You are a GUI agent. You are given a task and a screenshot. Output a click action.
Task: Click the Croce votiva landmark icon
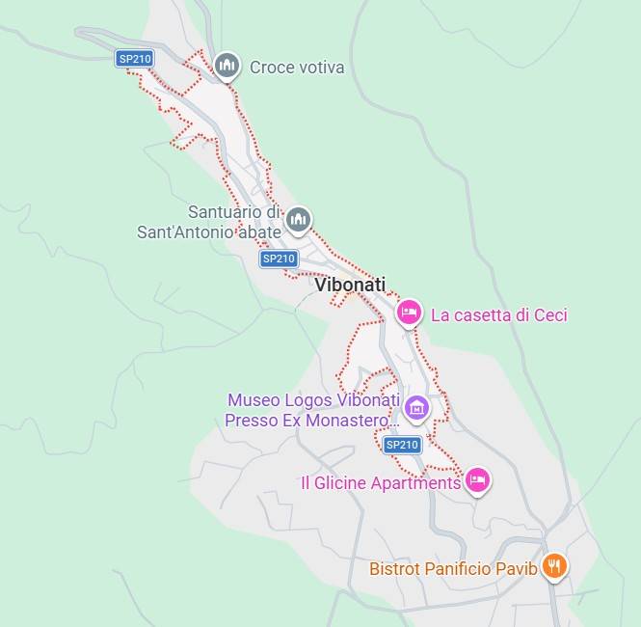(227, 65)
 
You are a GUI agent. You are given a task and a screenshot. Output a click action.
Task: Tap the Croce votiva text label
(297, 68)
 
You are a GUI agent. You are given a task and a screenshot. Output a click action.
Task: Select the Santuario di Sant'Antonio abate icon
(299, 220)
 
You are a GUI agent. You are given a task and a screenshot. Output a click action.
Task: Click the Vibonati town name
(350, 285)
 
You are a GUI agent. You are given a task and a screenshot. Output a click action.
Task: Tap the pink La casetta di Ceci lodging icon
(409, 313)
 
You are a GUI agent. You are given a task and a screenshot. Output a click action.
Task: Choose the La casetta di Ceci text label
(498, 314)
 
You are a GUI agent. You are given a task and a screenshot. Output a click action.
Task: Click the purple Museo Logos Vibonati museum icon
(416, 408)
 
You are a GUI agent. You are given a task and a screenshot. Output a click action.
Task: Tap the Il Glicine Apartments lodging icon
(477, 479)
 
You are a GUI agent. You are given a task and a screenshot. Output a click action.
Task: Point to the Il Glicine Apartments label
(381, 482)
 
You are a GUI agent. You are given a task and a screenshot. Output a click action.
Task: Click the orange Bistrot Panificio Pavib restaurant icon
(553, 565)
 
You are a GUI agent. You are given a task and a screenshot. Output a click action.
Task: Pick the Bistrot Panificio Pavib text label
(453, 568)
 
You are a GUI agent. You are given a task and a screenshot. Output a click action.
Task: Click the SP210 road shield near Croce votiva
(135, 59)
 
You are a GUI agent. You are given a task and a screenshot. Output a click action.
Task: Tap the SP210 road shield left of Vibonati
(279, 259)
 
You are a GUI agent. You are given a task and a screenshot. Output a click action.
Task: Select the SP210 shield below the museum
(402, 445)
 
